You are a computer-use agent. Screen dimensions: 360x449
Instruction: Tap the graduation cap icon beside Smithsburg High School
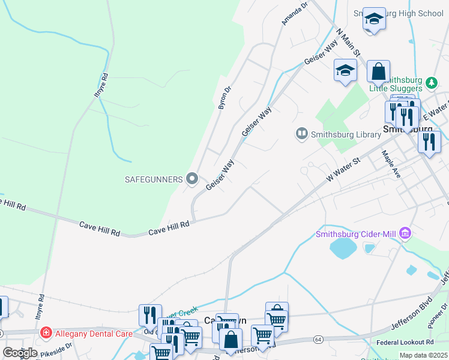point(373,19)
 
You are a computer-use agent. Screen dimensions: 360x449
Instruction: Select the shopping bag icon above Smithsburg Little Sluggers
point(378,71)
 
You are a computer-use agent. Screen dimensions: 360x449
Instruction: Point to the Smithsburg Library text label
point(346,134)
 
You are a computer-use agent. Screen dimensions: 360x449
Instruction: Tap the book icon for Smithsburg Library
point(302,133)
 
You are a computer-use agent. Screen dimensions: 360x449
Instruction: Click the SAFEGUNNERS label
point(153,179)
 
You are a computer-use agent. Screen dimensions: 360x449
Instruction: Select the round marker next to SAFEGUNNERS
point(192,178)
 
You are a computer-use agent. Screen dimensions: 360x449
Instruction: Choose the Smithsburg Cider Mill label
point(357,234)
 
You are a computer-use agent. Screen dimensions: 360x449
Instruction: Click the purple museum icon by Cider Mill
point(405,233)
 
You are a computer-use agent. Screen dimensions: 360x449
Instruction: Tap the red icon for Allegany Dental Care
point(46,332)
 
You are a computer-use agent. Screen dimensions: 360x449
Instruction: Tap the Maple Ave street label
point(391,163)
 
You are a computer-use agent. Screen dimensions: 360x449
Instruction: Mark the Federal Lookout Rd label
point(408,343)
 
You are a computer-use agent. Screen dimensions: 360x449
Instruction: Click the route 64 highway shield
point(318,340)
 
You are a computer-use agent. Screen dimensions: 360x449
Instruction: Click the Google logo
point(20,353)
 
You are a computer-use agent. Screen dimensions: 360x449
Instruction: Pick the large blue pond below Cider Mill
point(343,248)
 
